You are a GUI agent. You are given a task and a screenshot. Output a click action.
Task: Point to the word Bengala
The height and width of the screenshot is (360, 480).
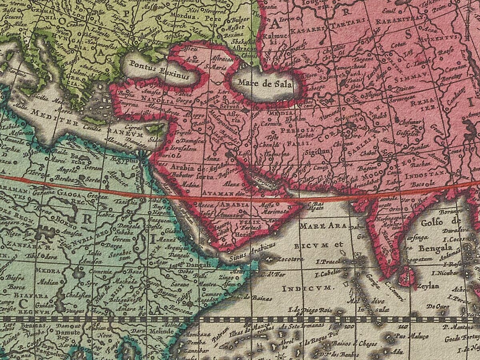pos(435,248)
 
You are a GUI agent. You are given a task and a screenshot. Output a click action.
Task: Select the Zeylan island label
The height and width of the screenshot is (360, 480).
pos(428,286)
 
